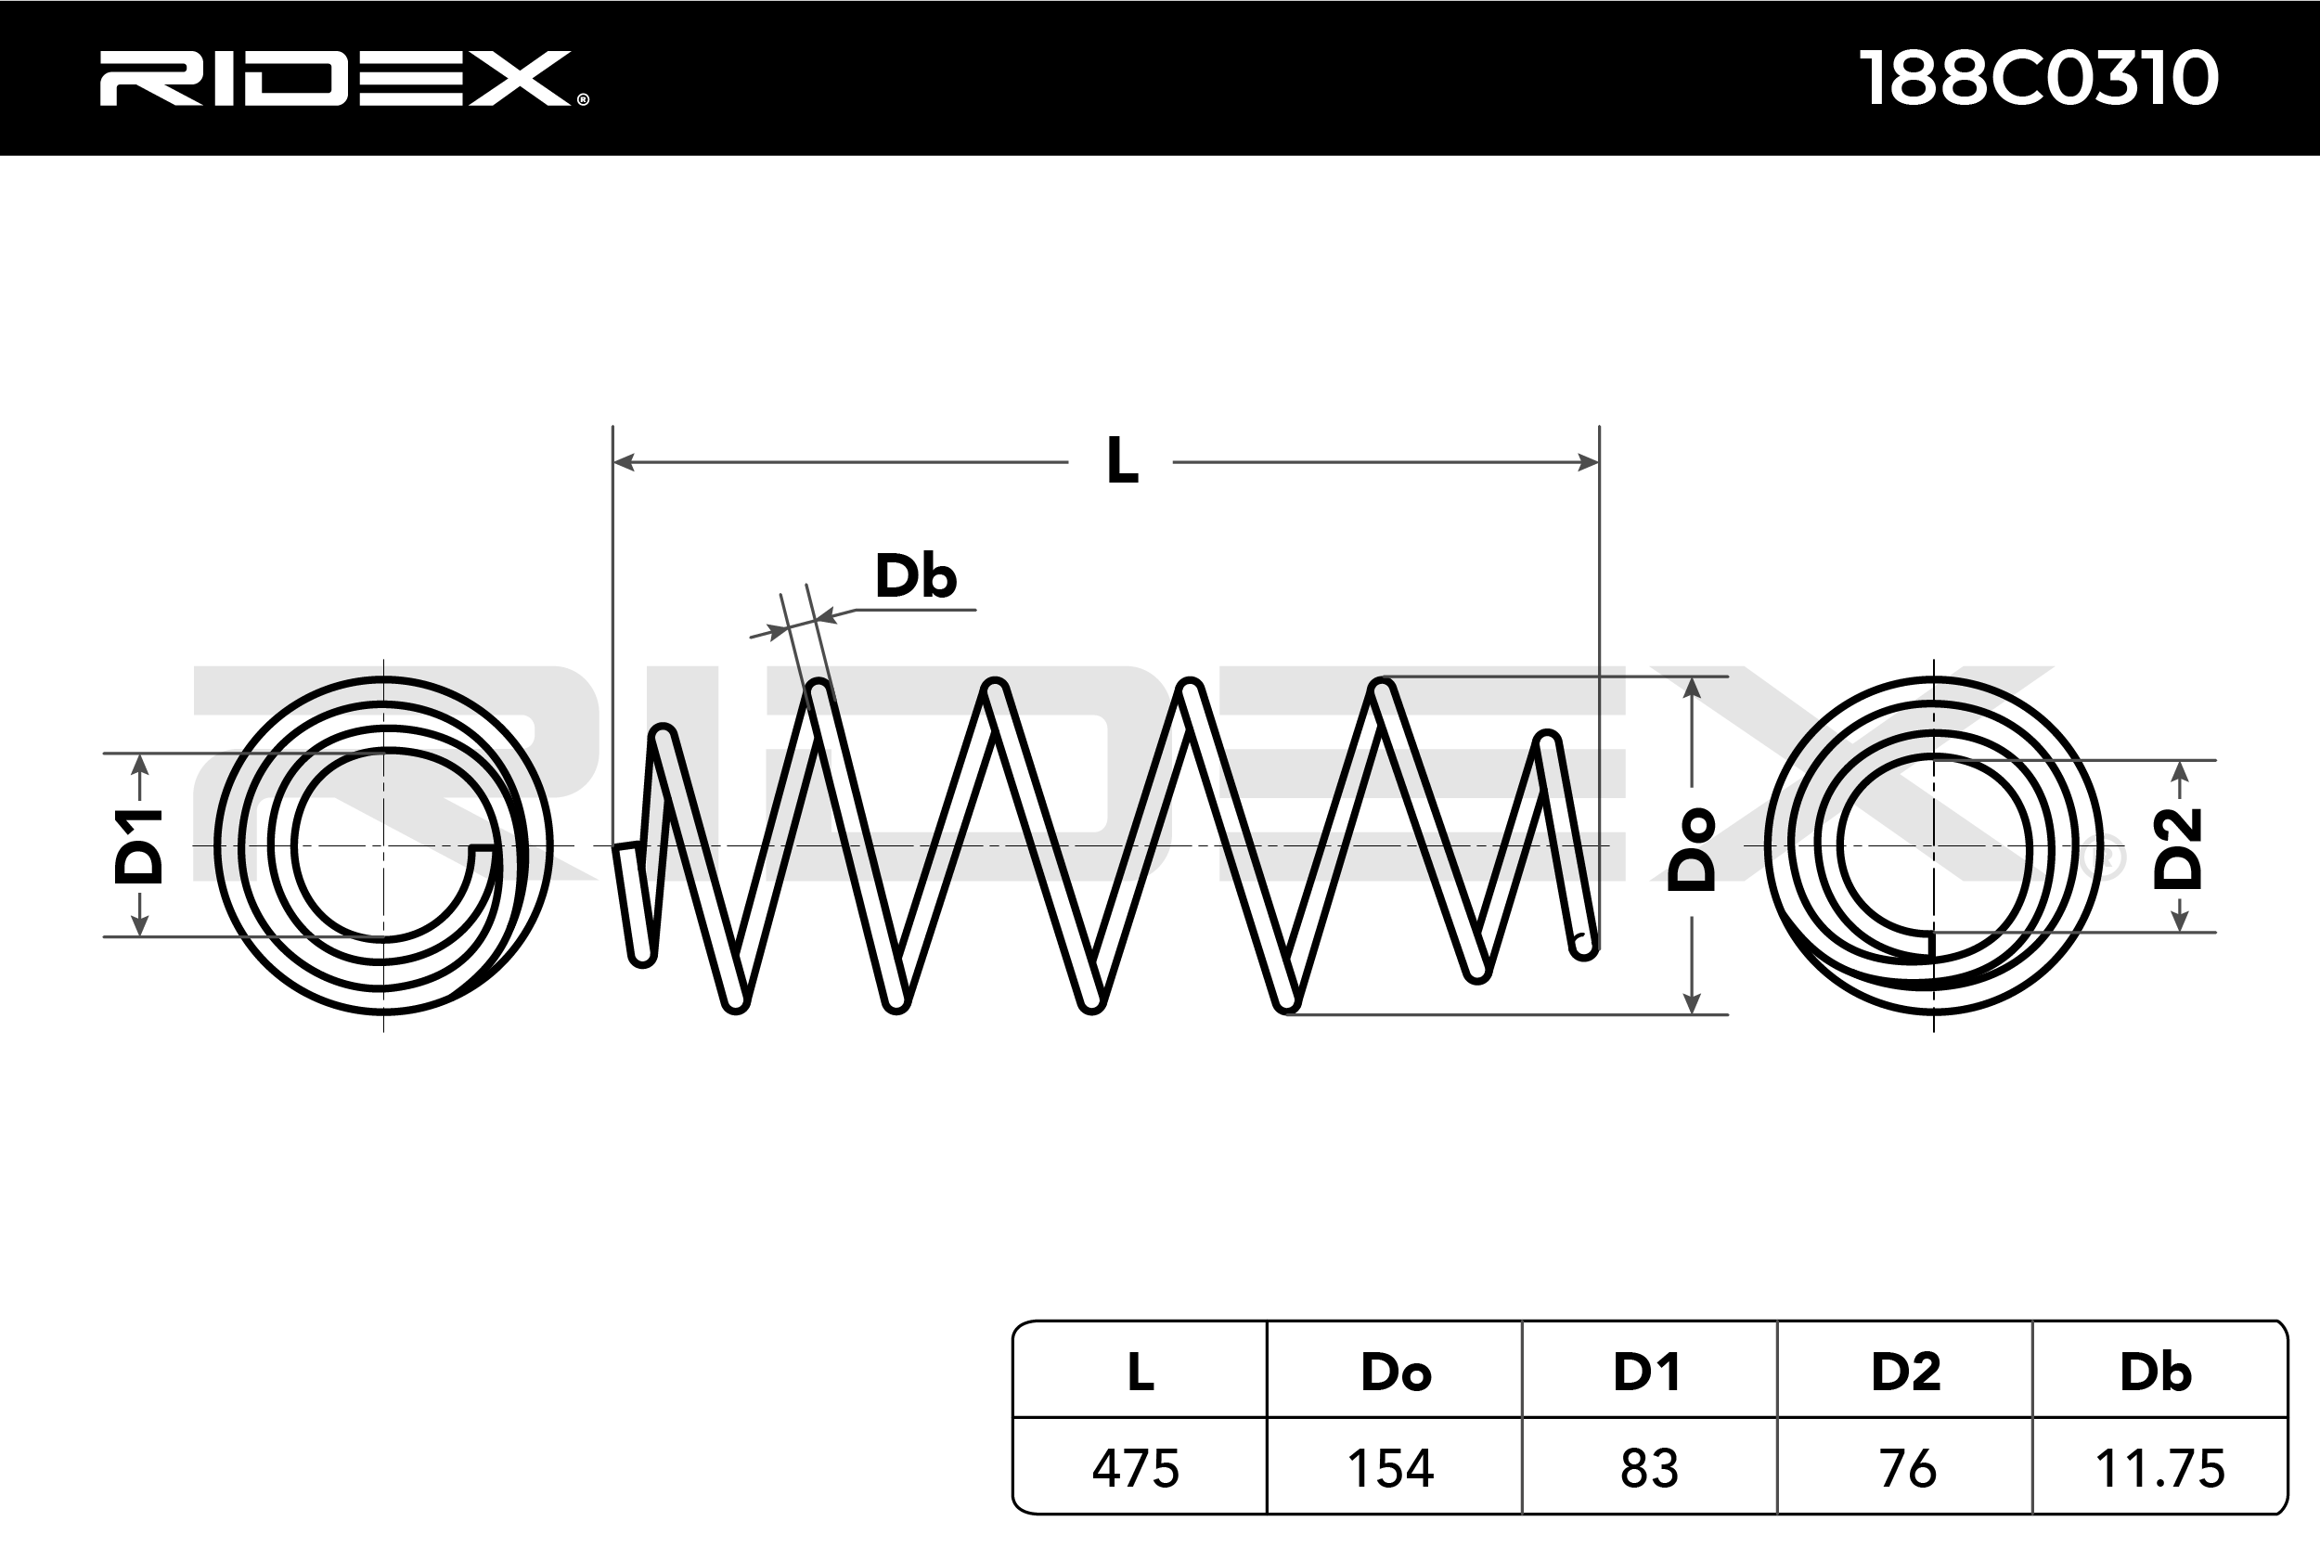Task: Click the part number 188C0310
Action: (x=2038, y=79)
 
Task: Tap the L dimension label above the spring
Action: (x=1122, y=460)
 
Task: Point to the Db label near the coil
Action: (x=915, y=577)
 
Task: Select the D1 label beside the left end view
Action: (x=139, y=845)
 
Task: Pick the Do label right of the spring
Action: (x=1692, y=849)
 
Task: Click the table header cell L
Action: (x=1141, y=1373)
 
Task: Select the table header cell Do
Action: (x=1395, y=1373)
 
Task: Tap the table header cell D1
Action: (x=1647, y=1373)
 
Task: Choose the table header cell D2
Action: (x=1906, y=1373)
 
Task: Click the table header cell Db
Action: (x=2157, y=1373)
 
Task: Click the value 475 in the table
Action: (x=1135, y=1469)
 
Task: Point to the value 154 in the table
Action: (x=1391, y=1469)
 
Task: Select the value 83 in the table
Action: (x=1649, y=1469)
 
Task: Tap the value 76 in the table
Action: (x=1908, y=1469)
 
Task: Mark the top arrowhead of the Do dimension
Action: (x=1692, y=688)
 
